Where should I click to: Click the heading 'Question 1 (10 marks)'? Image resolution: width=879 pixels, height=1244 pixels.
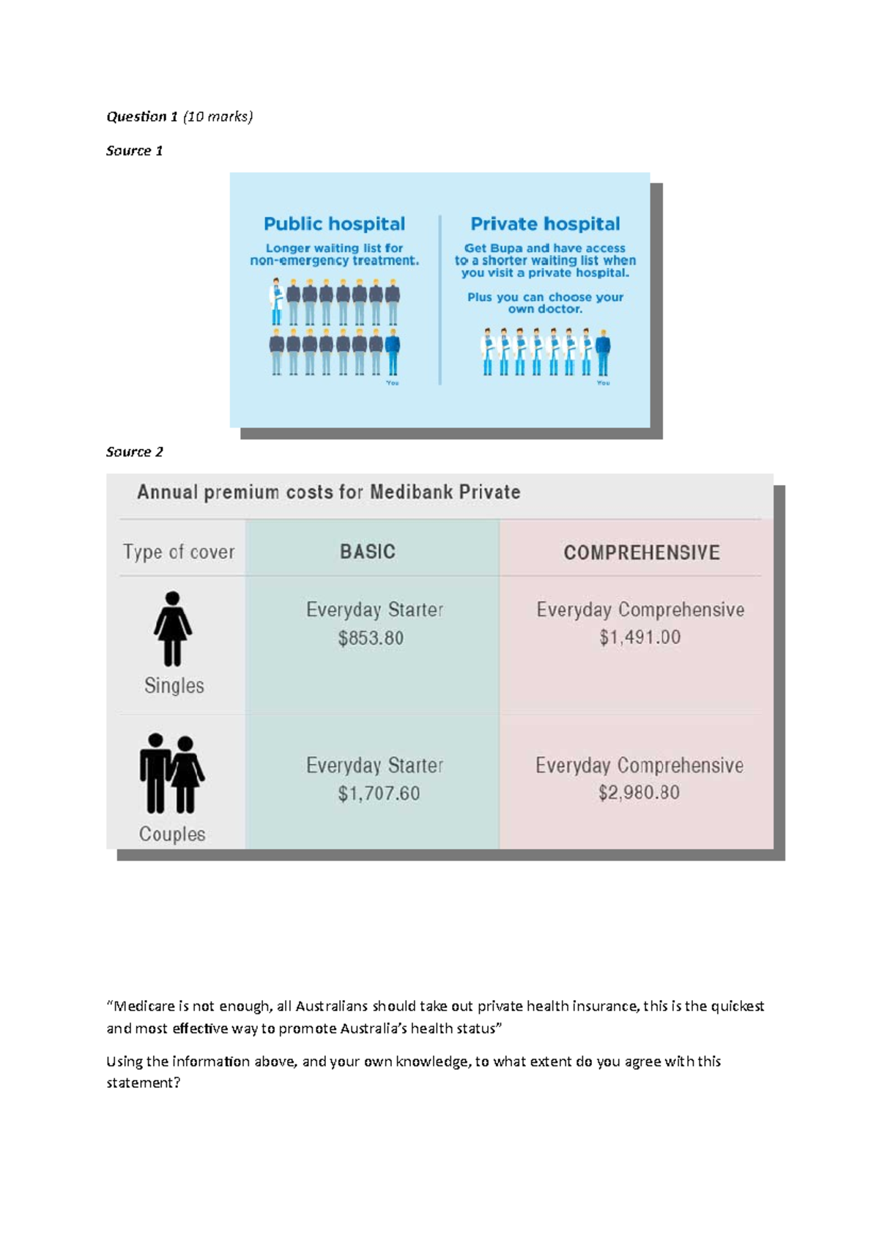click(x=179, y=116)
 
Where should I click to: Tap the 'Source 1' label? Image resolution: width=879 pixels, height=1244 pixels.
click(x=134, y=151)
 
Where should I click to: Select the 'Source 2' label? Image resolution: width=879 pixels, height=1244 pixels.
click(x=134, y=452)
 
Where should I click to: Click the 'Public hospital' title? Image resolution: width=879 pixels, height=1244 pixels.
click(x=334, y=223)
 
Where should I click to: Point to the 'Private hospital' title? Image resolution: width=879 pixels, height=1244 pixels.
click(x=545, y=223)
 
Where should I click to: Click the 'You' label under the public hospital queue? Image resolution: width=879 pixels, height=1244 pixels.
click(x=393, y=383)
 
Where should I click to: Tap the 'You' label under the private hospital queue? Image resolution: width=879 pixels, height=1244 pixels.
click(x=603, y=383)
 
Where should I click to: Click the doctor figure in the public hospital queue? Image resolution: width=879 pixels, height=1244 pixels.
click(x=276, y=301)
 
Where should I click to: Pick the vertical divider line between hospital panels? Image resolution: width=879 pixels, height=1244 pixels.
click(x=439, y=300)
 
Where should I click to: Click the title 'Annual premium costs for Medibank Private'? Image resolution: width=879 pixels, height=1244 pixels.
click(x=329, y=492)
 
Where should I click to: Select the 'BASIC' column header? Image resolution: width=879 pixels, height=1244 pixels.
click(x=368, y=552)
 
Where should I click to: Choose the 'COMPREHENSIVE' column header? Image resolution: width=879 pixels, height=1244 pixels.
click(x=642, y=552)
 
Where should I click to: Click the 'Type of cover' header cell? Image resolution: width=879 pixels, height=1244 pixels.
click(x=179, y=552)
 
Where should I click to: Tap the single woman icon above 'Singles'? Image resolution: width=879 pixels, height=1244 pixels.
click(x=173, y=629)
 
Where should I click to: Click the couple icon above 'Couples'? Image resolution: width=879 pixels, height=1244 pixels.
click(x=172, y=774)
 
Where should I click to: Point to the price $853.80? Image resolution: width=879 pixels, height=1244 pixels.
click(x=371, y=638)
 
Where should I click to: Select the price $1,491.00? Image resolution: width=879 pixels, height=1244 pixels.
click(x=640, y=637)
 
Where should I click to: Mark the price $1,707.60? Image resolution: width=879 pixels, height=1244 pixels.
click(x=379, y=793)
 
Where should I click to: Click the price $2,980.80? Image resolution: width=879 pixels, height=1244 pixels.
click(x=639, y=793)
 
